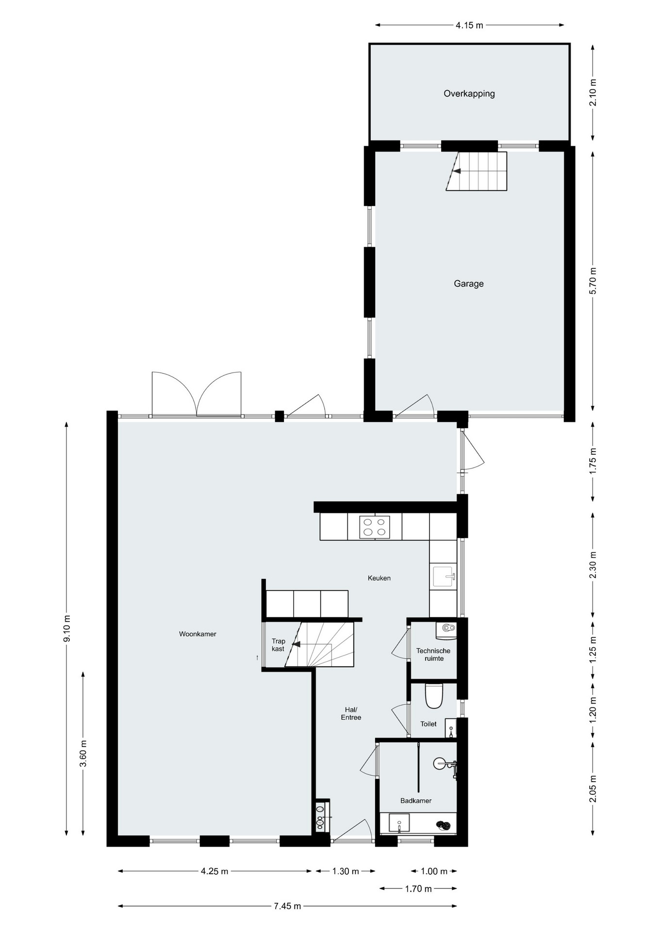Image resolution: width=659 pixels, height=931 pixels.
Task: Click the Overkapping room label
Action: click(x=469, y=94)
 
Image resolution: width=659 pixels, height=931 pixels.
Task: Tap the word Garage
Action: click(x=469, y=284)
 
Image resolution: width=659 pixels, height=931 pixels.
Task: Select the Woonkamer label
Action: click(x=198, y=634)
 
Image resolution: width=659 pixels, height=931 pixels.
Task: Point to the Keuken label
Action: click(x=379, y=578)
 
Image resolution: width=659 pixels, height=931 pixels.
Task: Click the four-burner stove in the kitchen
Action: click(x=374, y=527)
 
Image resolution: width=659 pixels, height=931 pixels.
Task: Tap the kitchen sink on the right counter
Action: click(x=445, y=577)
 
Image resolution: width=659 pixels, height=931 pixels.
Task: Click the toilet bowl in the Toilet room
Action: click(x=434, y=697)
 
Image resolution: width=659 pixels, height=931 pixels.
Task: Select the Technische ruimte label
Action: click(x=433, y=655)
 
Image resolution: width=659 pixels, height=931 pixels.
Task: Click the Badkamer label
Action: click(x=416, y=801)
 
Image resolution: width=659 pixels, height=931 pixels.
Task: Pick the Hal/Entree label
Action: click(x=351, y=714)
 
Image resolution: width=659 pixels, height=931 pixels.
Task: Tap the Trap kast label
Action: click(x=278, y=645)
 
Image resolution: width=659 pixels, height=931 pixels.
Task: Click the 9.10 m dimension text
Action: click(x=67, y=629)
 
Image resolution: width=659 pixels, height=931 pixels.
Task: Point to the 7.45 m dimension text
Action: click(x=287, y=906)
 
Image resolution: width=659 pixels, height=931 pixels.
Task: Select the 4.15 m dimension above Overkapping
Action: click(x=469, y=25)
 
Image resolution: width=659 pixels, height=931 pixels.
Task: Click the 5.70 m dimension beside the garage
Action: click(x=593, y=281)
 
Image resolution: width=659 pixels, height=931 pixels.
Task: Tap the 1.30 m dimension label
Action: click(x=346, y=871)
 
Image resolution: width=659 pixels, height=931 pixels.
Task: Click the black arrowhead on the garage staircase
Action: click(x=457, y=171)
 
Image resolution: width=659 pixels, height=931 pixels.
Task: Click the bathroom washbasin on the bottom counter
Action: click(x=398, y=823)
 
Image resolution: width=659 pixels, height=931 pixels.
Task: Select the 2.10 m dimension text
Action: click(x=593, y=92)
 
